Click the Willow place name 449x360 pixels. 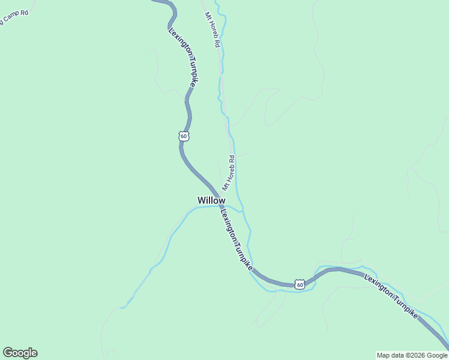tap(211, 200)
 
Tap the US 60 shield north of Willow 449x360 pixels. tap(184, 136)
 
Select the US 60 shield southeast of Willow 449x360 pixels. tap(300, 284)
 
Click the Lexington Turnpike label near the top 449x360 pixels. tap(182, 58)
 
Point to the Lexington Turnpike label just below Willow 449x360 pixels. tap(236, 239)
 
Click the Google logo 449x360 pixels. tap(20, 353)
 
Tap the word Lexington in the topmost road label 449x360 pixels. tap(178, 44)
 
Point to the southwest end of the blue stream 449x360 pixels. tap(122, 308)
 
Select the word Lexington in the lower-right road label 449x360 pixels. tap(378, 287)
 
